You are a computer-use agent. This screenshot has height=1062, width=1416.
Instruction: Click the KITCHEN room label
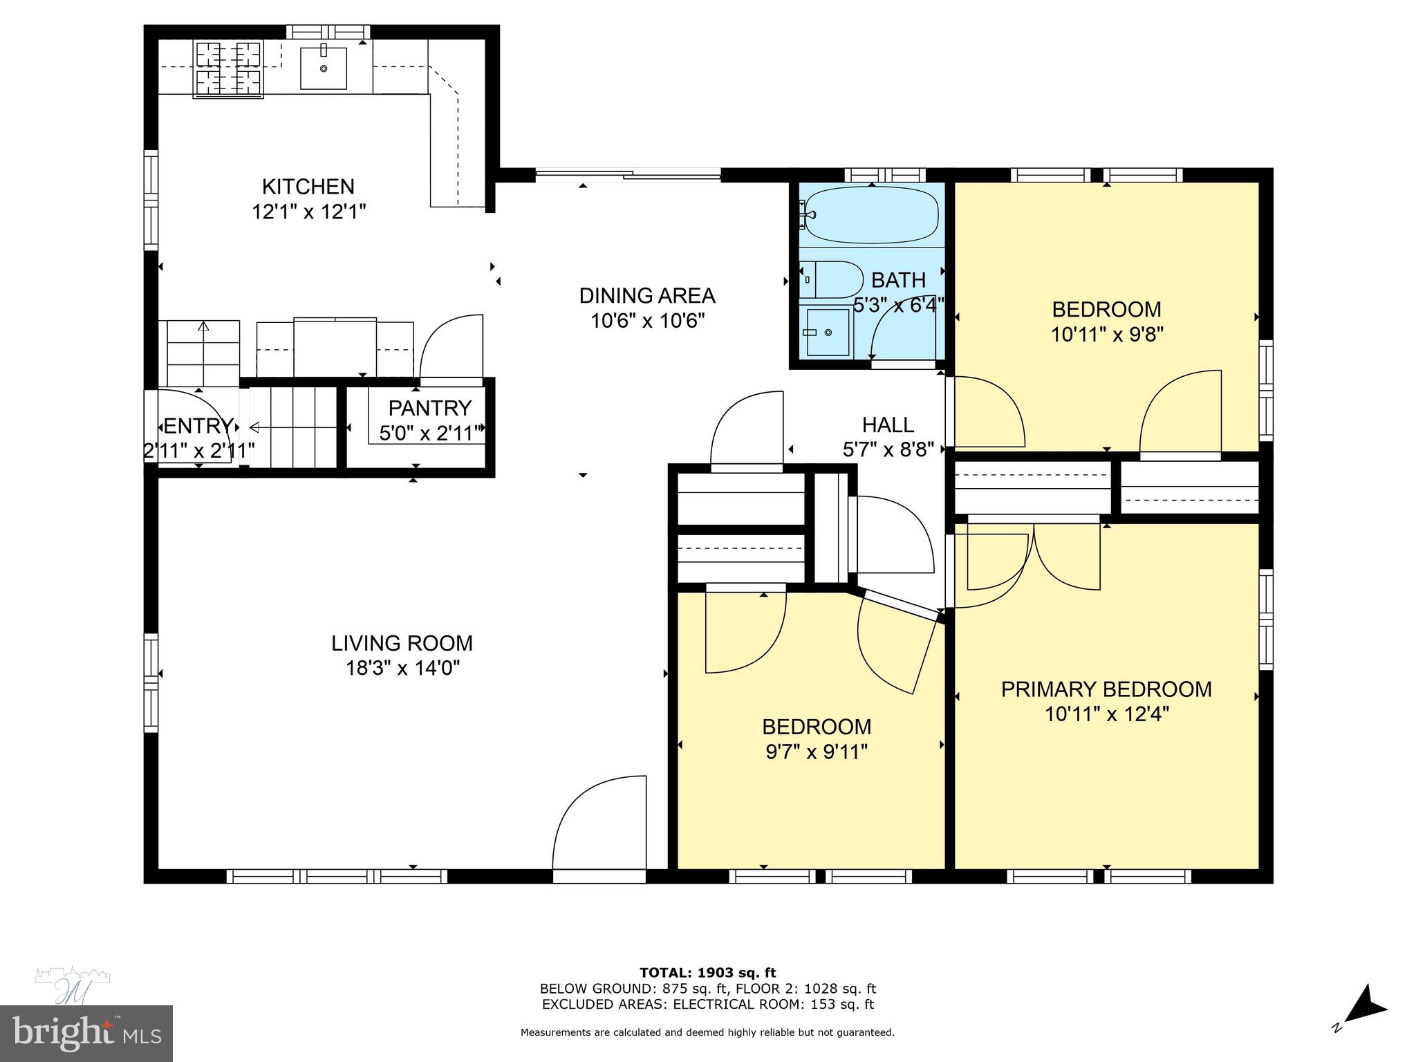pyautogui.click(x=308, y=187)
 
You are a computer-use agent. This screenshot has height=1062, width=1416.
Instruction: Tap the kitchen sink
pyautogui.click(x=323, y=68)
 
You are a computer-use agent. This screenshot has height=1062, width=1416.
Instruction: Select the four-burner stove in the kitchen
pyautogui.click(x=228, y=68)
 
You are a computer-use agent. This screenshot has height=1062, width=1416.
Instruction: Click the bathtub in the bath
pyautogui.click(x=871, y=214)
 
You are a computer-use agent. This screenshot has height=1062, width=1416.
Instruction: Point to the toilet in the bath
pyautogui.click(x=833, y=279)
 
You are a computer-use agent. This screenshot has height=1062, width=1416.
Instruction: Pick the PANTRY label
pyautogui.click(x=429, y=408)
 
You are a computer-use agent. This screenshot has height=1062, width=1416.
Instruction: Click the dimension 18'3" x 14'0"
pyautogui.click(x=402, y=669)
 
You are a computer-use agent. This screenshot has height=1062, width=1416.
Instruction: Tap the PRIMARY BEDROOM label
pyautogui.click(x=1106, y=689)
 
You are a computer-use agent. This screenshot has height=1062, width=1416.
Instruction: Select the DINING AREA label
pyautogui.click(x=646, y=296)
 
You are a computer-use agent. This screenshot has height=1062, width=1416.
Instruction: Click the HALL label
pyautogui.click(x=888, y=425)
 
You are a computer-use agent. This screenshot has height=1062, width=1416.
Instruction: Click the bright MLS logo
pyautogui.click(x=86, y=1033)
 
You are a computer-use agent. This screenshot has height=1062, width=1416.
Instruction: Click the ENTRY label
pyautogui.click(x=198, y=426)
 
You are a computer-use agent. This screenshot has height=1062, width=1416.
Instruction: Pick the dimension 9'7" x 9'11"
pyautogui.click(x=816, y=752)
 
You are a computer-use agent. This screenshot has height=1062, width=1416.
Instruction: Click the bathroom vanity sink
pyautogui.click(x=828, y=333)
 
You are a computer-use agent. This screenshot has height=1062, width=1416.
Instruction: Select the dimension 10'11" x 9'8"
pyautogui.click(x=1106, y=335)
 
